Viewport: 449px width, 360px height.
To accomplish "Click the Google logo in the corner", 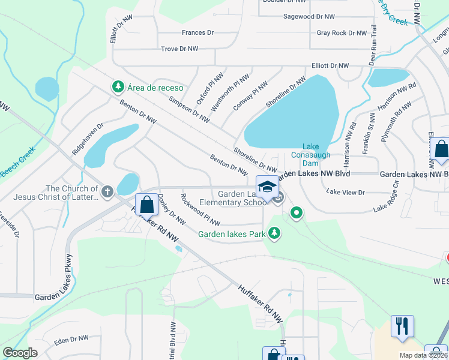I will [20, 353].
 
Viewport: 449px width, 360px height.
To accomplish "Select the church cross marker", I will [107, 192].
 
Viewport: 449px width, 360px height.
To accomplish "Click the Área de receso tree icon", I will [118, 87].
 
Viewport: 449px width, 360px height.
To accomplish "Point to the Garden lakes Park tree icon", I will [274, 232].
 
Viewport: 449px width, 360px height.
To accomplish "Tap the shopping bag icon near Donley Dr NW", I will [146, 205].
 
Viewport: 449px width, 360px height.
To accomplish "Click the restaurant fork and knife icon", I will [402, 326].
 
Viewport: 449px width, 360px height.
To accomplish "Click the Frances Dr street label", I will [197, 32].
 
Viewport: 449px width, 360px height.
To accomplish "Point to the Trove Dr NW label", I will [179, 48].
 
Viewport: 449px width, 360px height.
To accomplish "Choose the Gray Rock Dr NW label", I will [342, 33].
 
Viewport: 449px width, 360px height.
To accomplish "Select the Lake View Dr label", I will [345, 192].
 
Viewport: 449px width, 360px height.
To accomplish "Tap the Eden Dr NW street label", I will [71, 339].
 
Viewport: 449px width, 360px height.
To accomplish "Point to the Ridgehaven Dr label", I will [88, 140].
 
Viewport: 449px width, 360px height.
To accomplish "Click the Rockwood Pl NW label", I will [200, 210].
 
